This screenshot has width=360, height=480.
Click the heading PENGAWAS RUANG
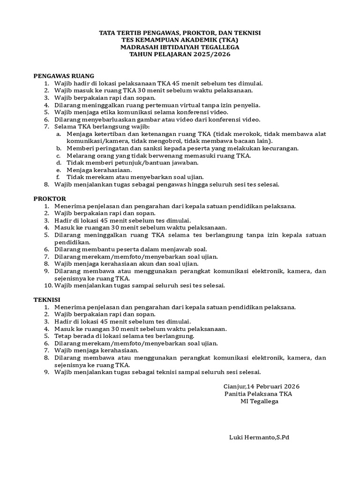click(64, 75)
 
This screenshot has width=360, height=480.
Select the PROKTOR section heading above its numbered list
click(50, 198)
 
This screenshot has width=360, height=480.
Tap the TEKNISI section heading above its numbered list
click(47, 300)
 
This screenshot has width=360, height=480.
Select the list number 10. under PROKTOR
click(47, 285)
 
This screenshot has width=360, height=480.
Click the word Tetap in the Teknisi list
click(63, 336)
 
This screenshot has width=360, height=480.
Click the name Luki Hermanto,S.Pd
click(259, 437)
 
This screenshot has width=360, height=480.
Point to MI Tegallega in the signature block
click(259, 401)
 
